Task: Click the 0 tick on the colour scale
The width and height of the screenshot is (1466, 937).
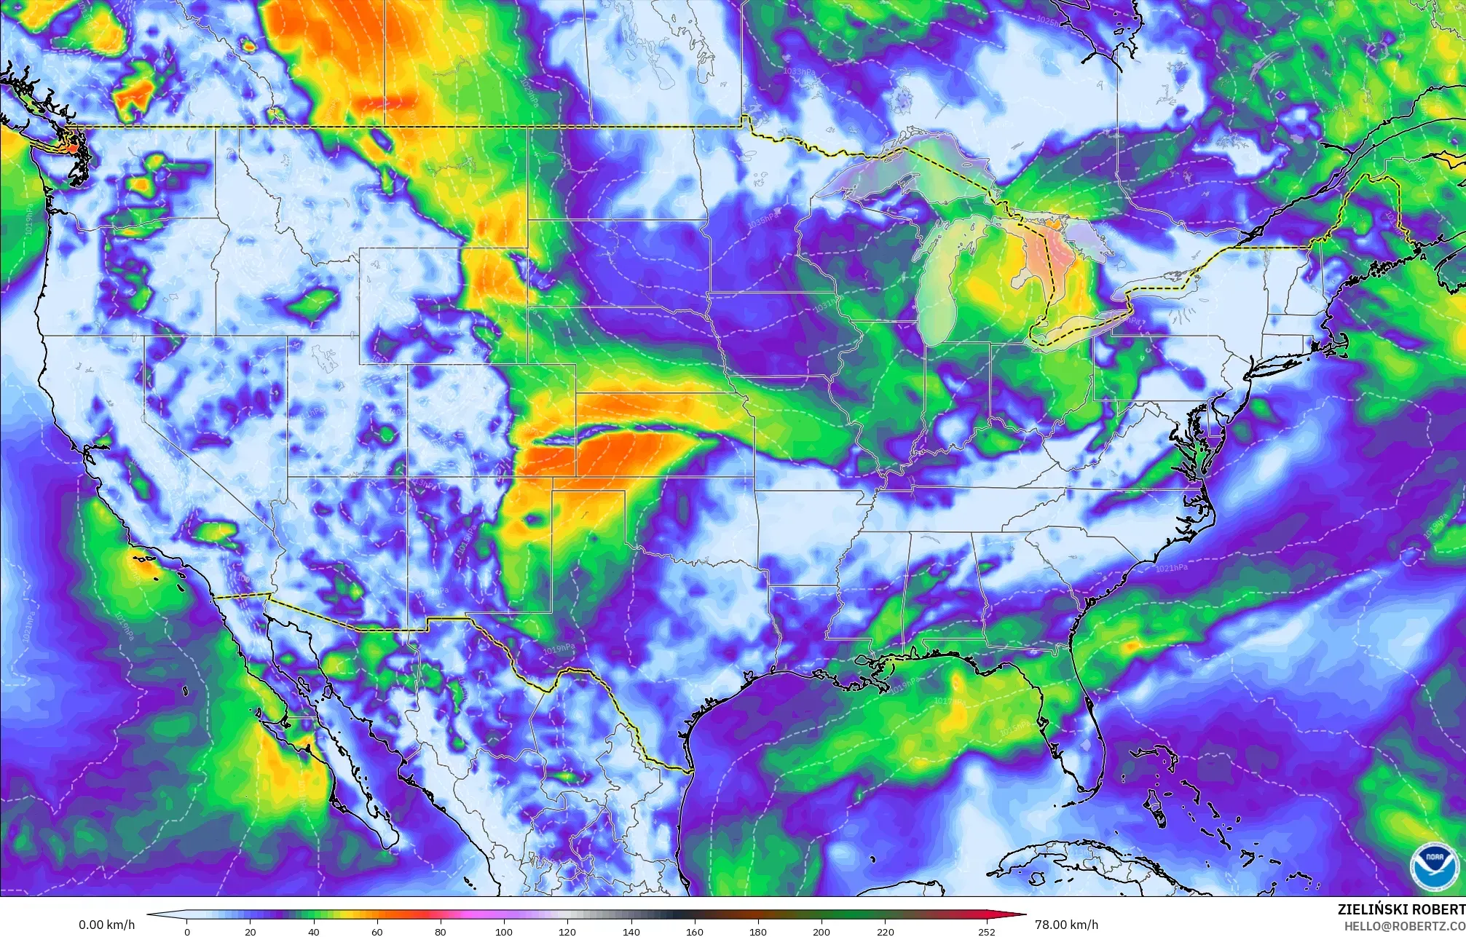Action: [x=187, y=931]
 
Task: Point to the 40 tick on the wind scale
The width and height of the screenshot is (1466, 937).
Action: [x=314, y=931]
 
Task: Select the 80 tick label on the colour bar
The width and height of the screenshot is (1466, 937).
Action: [x=441, y=931]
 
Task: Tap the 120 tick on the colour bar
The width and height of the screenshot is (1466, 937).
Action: [x=567, y=931]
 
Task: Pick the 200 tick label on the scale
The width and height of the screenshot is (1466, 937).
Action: [x=821, y=931]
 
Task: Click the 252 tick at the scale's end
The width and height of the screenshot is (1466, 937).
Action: [x=986, y=931]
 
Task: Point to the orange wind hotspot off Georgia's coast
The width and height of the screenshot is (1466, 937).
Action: [x=1131, y=645]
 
